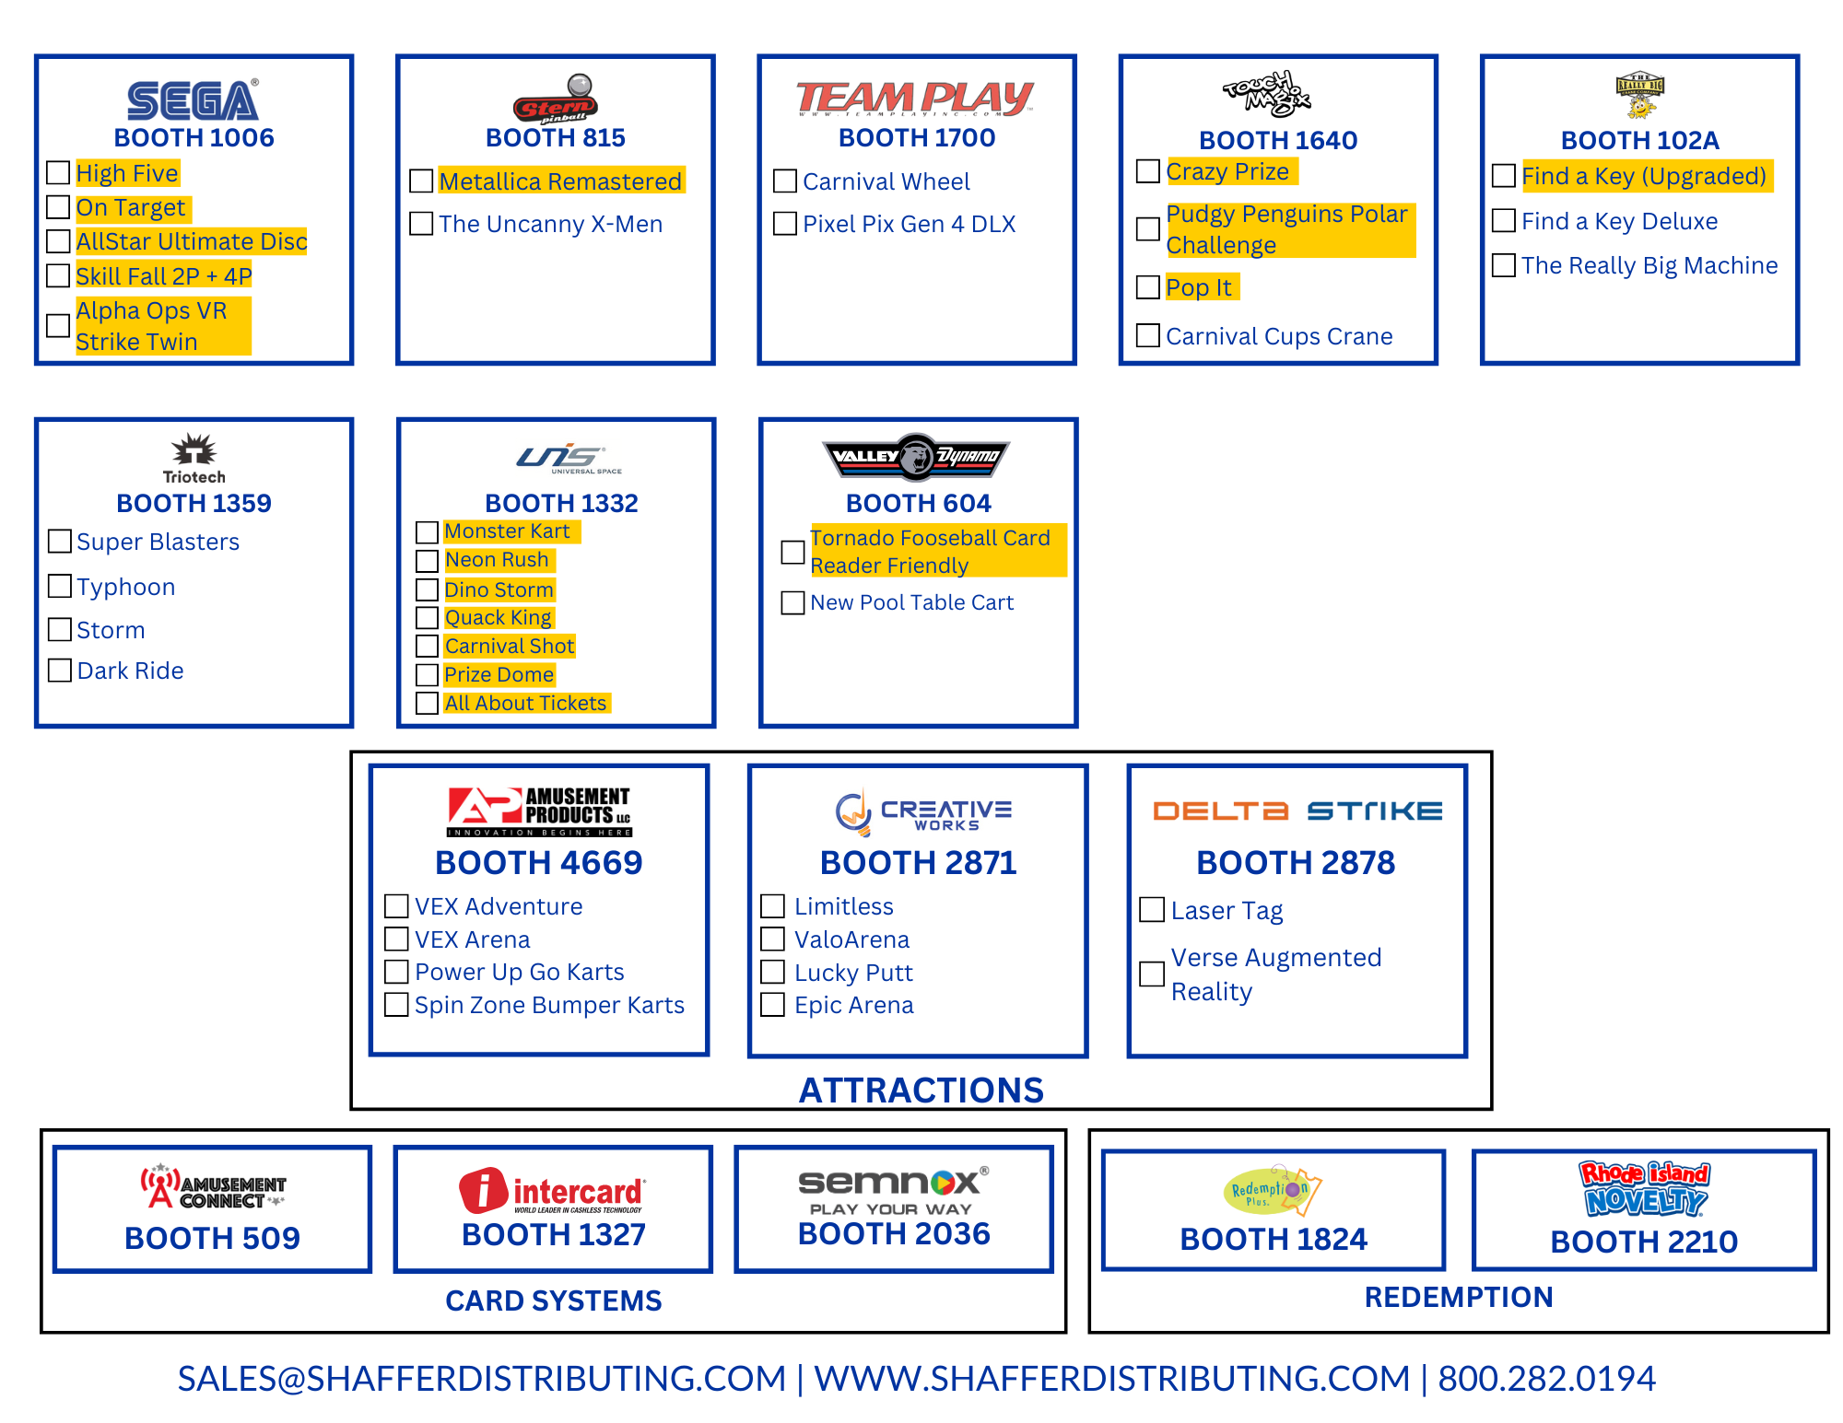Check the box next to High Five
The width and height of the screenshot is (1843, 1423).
pyautogui.click(x=58, y=173)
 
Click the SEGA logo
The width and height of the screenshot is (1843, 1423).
pyautogui.click(x=193, y=100)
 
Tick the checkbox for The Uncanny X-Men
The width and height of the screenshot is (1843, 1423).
pyautogui.click(x=421, y=224)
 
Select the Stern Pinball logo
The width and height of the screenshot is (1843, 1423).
pyautogui.click(x=556, y=100)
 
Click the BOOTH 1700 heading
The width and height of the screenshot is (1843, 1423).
pyautogui.click(x=917, y=138)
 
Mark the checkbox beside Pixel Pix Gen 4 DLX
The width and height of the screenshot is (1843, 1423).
pyautogui.click(x=785, y=224)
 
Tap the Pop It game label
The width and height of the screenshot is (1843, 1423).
pyautogui.click(x=1199, y=287)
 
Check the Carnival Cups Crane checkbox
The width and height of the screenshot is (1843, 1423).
pyautogui.click(x=1148, y=335)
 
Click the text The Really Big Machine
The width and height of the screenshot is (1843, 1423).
pyautogui.click(x=1649, y=265)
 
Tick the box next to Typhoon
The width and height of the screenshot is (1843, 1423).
pyautogui.click(x=60, y=586)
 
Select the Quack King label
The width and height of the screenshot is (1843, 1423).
pyautogui.click(x=498, y=617)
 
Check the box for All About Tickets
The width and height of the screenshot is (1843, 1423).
pyautogui.click(x=427, y=703)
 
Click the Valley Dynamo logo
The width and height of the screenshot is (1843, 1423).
pyautogui.click(x=917, y=457)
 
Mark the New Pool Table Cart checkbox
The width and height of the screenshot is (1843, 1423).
pyautogui.click(x=792, y=602)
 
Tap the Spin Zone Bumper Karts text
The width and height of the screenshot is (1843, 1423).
pyautogui.click(x=549, y=1005)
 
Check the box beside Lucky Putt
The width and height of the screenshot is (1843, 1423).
pyautogui.click(x=772, y=972)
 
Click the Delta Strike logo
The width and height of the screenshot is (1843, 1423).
pyautogui.click(x=1297, y=811)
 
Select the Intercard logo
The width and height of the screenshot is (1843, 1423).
pyautogui.click(x=553, y=1190)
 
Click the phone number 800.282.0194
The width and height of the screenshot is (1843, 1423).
pyautogui.click(x=1546, y=1379)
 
